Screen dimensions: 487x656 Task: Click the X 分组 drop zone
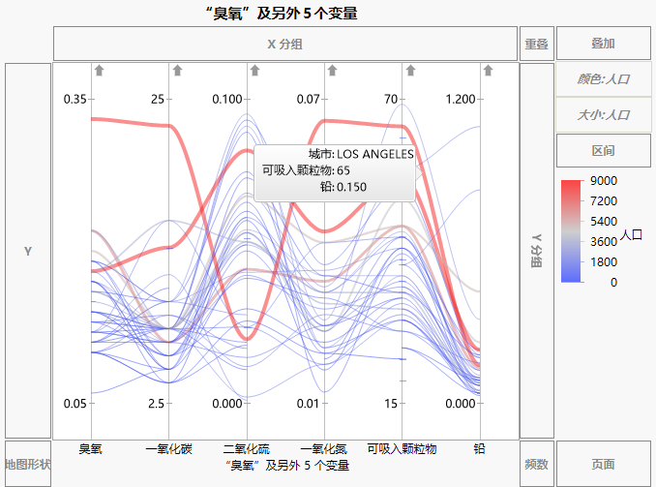point(285,44)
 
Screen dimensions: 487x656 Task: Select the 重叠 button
point(536,44)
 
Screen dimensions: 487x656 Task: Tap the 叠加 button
point(604,44)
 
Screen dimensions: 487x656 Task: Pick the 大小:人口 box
point(604,114)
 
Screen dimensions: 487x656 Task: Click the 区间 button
point(604,150)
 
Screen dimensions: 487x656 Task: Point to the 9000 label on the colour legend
point(605,181)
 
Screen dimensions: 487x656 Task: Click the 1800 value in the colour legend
point(605,261)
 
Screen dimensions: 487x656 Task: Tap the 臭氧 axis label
point(91,449)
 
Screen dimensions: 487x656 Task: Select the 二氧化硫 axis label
point(247,449)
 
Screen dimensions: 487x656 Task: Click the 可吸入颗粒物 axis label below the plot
point(402,449)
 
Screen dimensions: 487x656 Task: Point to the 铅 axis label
point(479,449)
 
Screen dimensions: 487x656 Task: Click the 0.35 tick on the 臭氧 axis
point(75,100)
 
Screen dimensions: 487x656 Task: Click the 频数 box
point(536,465)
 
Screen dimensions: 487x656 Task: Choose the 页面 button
point(604,465)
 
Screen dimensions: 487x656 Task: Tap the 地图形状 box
point(27,465)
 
